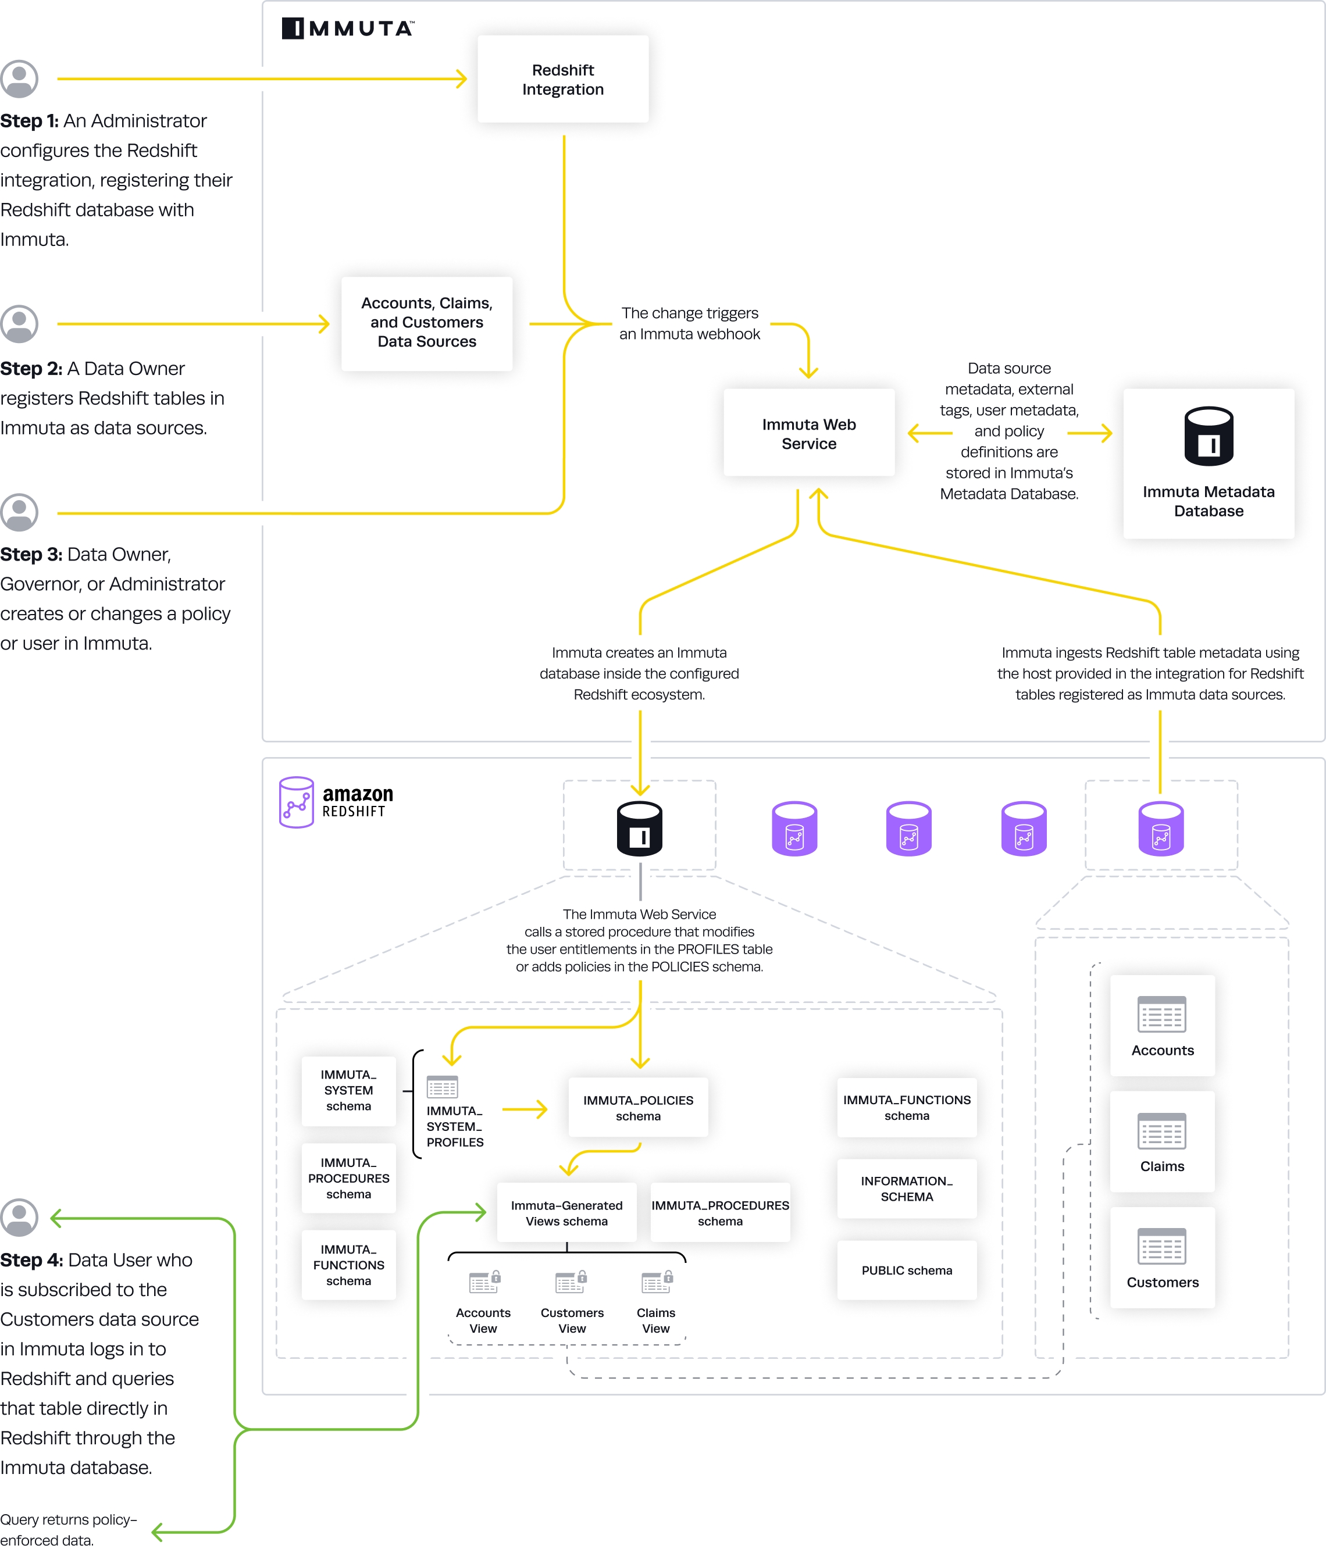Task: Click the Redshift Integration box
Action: (x=562, y=79)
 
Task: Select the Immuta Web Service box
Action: (x=808, y=433)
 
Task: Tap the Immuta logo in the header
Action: (x=348, y=28)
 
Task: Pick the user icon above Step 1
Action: (x=19, y=78)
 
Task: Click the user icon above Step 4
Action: (x=19, y=1217)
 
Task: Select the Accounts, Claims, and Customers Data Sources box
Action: (x=426, y=323)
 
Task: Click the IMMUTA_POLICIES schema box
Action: (x=638, y=1107)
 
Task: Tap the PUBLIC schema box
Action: (x=907, y=1270)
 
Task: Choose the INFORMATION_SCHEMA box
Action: (x=907, y=1188)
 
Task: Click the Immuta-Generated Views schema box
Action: (x=566, y=1212)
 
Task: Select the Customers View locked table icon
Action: (x=571, y=1282)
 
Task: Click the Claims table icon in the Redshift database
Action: (x=1161, y=1130)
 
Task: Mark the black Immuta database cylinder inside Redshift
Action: (x=639, y=829)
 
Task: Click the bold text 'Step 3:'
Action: (x=31, y=554)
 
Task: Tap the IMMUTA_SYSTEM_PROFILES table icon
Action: (x=442, y=1086)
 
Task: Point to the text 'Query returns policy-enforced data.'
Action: (x=69, y=1529)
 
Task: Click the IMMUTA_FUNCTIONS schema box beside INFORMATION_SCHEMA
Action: (x=907, y=1107)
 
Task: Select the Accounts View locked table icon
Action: (x=484, y=1282)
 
